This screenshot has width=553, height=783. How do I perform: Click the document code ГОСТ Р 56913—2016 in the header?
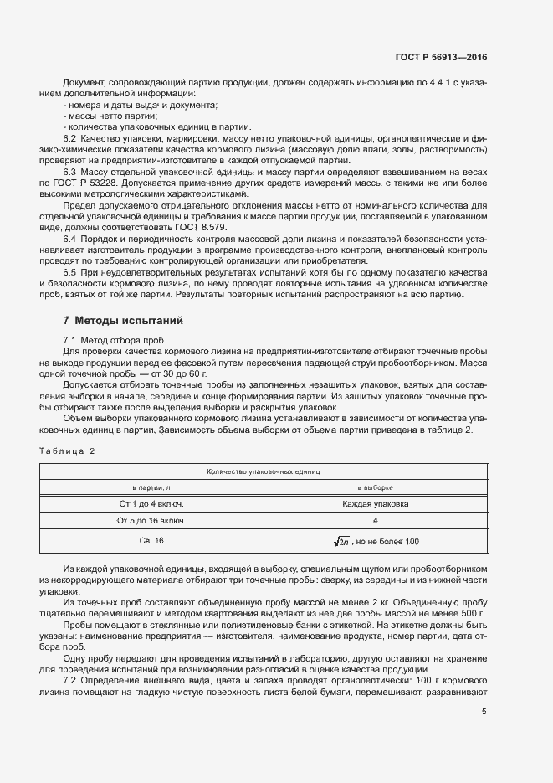(x=440, y=58)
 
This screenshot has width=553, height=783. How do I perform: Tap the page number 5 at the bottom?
(x=484, y=713)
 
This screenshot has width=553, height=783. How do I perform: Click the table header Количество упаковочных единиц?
(x=264, y=472)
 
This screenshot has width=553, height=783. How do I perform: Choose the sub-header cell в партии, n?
(x=152, y=487)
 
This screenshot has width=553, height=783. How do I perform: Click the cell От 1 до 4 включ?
(x=152, y=504)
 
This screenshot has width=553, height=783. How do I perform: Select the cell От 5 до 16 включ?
(x=152, y=520)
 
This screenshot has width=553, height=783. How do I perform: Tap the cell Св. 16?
(x=152, y=541)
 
